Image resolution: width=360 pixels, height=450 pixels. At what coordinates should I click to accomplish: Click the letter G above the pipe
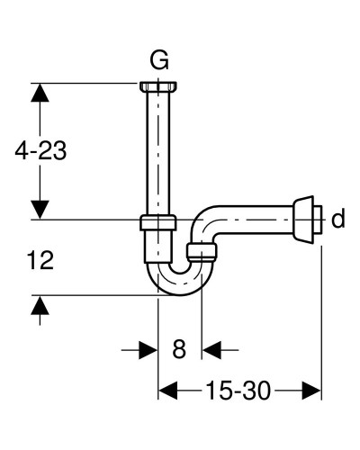pos(159,62)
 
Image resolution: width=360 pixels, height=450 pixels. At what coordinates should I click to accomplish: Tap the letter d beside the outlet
pos(337,220)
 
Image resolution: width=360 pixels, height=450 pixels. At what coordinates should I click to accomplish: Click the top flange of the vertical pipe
pos(159,86)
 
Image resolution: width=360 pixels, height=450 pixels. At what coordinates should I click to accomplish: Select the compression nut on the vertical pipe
pos(159,224)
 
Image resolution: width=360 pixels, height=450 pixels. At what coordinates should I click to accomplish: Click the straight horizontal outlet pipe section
pos(261,220)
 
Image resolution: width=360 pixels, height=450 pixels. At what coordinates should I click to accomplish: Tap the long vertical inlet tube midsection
pos(159,153)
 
